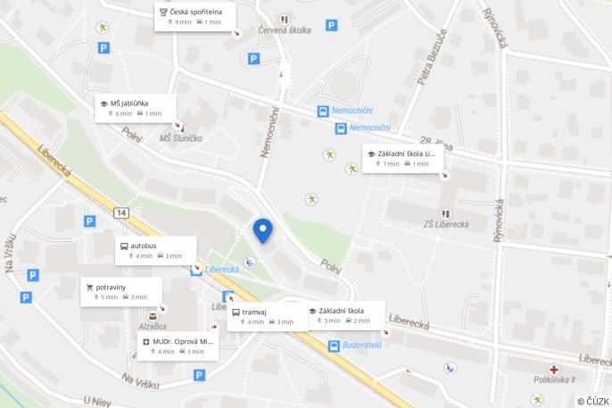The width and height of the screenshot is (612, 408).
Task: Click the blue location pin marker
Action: coord(262,230)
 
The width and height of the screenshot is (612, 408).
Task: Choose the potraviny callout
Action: coord(121,291)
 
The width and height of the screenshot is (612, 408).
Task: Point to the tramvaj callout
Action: coord(266,316)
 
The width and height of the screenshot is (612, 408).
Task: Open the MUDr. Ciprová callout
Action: coord(178,346)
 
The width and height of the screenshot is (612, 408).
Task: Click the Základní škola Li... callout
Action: coord(404,158)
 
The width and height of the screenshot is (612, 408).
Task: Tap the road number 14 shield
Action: coord(121,212)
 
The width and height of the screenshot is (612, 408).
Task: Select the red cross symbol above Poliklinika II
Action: coord(554,369)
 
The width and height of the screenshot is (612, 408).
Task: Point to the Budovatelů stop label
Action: coord(362,345)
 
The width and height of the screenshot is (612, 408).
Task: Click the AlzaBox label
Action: coord(153,327)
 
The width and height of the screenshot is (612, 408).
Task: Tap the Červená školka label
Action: coord(285,29)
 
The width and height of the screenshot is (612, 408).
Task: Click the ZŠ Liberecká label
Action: coord(446,224)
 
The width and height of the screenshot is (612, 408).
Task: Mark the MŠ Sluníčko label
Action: coord(180,137)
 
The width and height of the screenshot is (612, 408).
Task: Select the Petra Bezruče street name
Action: coord(432,57)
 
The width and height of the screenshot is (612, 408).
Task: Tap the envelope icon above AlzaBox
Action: coord(153,315)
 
